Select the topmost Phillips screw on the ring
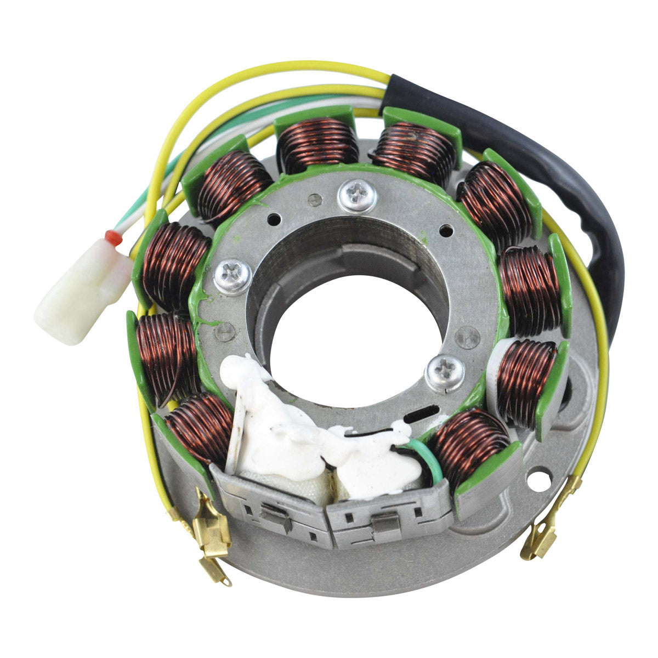357,196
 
